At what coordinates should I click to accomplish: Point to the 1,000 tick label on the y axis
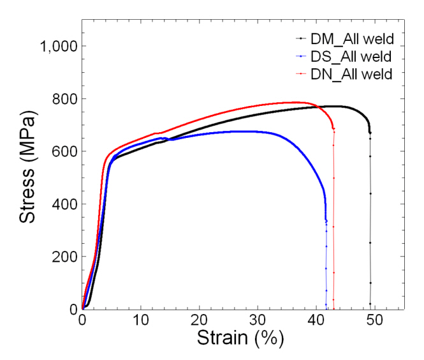[59, 47]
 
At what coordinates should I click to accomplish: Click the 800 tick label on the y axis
[65, 99]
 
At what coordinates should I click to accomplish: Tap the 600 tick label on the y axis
[65, 151]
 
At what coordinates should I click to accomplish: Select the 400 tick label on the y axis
[65, 204]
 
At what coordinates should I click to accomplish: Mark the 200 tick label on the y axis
[65, 257]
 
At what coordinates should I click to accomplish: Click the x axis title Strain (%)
[239, 338]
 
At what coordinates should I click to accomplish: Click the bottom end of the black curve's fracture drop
[370, 305]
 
